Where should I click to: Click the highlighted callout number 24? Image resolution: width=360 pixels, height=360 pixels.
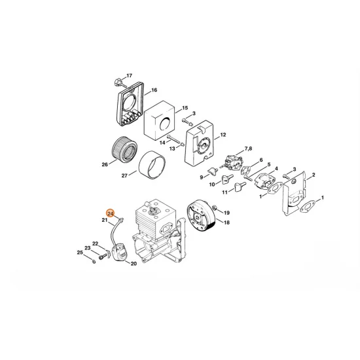pos(110,213)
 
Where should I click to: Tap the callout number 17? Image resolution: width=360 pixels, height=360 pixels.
pos(129,76)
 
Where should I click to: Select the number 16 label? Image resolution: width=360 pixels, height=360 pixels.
pos(154,90)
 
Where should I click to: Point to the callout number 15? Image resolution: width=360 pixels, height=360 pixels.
pos(185,107)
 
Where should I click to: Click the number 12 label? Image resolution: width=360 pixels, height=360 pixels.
pos(223,134)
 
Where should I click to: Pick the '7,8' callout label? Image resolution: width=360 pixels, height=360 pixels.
pos(249,150)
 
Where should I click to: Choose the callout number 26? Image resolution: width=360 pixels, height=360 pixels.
pos(104,164)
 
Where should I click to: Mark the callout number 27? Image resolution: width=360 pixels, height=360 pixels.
pos(125,176)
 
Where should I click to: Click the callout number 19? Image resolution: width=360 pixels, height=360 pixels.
pos(227,213)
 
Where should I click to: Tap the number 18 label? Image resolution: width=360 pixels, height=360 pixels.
pos(227,223)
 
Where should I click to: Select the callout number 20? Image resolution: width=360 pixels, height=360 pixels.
pos(134,264)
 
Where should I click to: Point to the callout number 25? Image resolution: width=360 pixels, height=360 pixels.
pos(80,252)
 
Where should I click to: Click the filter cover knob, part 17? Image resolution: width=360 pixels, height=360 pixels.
pos(117,82)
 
